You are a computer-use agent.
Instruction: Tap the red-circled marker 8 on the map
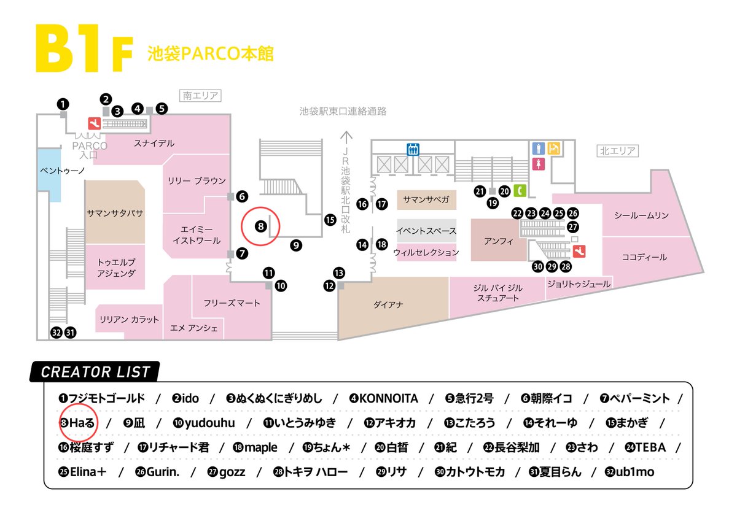(x=260, y=226)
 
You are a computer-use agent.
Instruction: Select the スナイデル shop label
(x=154, y=143)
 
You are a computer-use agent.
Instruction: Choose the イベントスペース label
(x=426, y=231)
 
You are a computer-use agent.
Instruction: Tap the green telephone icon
(x=520, y=190)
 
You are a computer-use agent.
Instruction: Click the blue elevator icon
(x=413, y=148)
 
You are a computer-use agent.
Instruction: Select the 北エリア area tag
(x=617, y=150)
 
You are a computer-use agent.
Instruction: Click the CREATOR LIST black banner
(x=95, y=371)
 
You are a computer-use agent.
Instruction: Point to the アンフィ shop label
(x=498, y=241)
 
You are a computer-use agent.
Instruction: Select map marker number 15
(x=330, y=219)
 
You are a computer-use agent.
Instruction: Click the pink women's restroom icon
(x=539, y=164)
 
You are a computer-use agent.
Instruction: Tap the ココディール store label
(x=644, y=257)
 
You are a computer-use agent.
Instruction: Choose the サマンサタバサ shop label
(x=115, y=213)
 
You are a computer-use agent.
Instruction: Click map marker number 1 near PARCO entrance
(x=63, y=104)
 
